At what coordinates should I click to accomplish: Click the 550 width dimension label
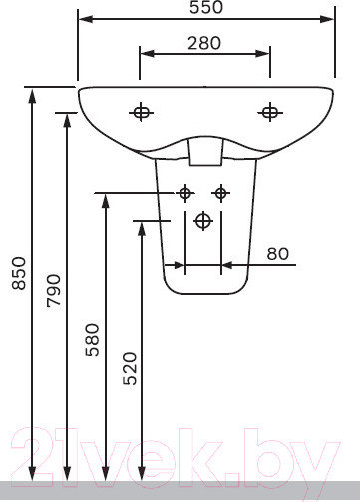[x=206, y=7]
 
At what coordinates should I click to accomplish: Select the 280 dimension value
[x=204, y=43]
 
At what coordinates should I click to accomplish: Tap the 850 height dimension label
[x=19, y=273]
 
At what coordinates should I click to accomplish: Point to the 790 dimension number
[x=54, y=290]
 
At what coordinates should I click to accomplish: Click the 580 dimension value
[x=92, y=340]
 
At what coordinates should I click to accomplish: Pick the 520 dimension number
[x=130, y=368]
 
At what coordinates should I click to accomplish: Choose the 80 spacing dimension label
[x=278, y=254]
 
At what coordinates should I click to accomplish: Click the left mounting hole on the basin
[x=141, y=112]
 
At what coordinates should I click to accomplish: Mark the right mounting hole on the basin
[x=270, y=112]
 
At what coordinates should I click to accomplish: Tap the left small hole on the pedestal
[x=185, y=193]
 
